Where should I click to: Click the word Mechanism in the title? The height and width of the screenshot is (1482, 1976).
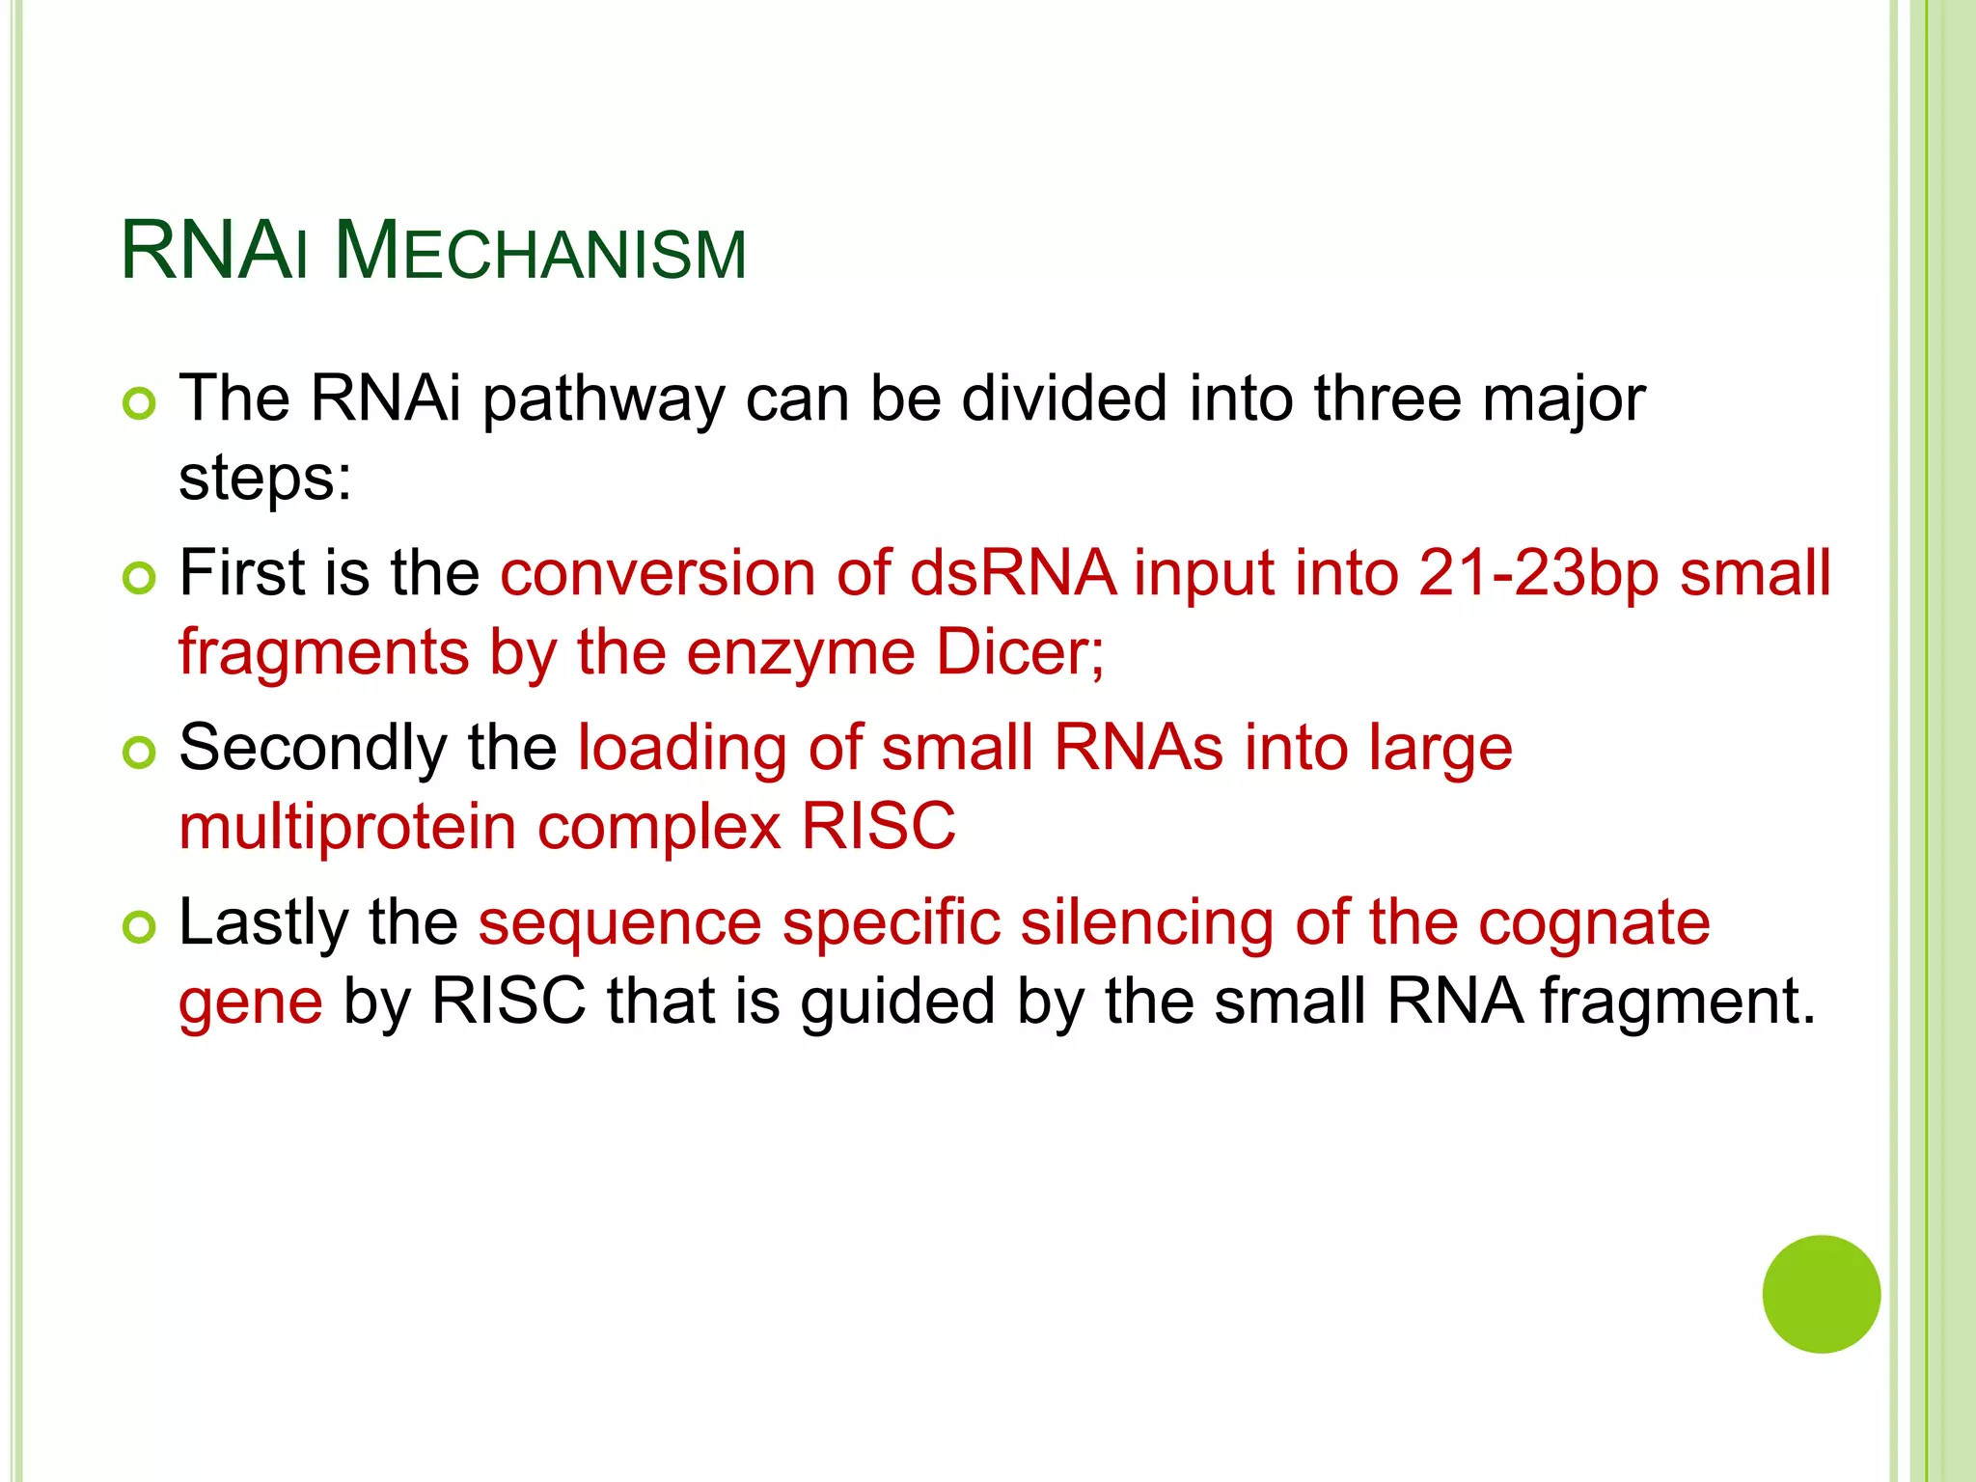(540, 253)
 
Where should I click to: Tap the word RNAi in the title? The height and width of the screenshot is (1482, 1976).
(214, 253)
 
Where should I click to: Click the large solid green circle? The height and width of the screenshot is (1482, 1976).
(1821, 1294)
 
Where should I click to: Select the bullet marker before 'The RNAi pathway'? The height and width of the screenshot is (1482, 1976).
(140, 403)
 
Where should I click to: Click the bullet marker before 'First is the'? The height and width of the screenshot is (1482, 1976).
(140, 578)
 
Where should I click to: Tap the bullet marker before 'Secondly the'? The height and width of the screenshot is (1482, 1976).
(140, 753)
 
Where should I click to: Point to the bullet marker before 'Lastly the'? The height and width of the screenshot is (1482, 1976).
(140, 927)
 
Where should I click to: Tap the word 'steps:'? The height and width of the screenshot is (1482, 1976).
(265, 479)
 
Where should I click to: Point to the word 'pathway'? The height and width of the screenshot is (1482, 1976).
(603, 399)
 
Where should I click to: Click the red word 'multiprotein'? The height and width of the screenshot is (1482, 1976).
(347, 827)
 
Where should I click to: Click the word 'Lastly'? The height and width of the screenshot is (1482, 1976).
(263, 923)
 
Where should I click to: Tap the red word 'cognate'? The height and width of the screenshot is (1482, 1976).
(1594, 923)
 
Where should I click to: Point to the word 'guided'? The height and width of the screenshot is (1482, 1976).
(897, 1002)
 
